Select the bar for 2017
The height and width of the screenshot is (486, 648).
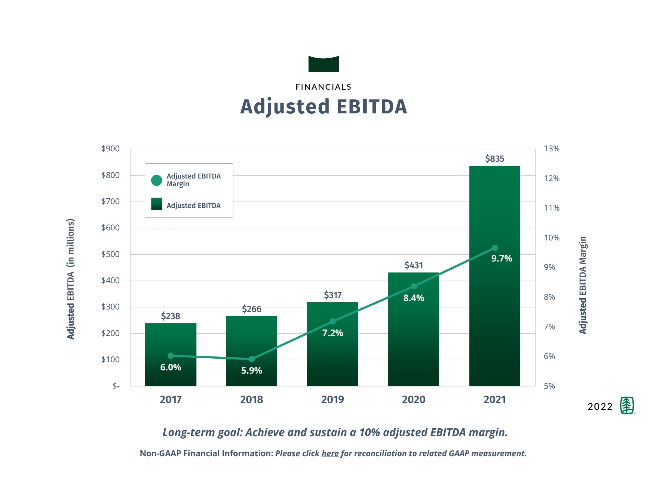171,340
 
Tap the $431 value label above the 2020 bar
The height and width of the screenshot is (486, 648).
414,265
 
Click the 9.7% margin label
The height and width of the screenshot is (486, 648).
501,259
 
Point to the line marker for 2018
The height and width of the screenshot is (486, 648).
252,359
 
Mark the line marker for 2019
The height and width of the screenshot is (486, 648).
333,321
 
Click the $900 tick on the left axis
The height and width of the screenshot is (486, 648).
110,149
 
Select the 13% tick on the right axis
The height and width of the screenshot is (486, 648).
552,149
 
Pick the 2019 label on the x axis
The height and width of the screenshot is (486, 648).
333,399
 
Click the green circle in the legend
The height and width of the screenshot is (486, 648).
157,180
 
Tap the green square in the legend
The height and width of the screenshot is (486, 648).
157,204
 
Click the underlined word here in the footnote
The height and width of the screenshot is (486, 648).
330,453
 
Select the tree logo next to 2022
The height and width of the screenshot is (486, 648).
627,405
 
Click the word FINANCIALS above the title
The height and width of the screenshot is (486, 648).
324,87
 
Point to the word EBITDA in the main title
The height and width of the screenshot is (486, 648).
372,107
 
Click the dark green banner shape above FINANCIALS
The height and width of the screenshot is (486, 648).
324,64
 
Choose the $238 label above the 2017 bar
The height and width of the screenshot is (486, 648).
171,316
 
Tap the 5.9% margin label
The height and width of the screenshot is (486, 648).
252,370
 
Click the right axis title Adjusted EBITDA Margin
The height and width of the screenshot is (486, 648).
583,285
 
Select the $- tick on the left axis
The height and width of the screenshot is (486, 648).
116,386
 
